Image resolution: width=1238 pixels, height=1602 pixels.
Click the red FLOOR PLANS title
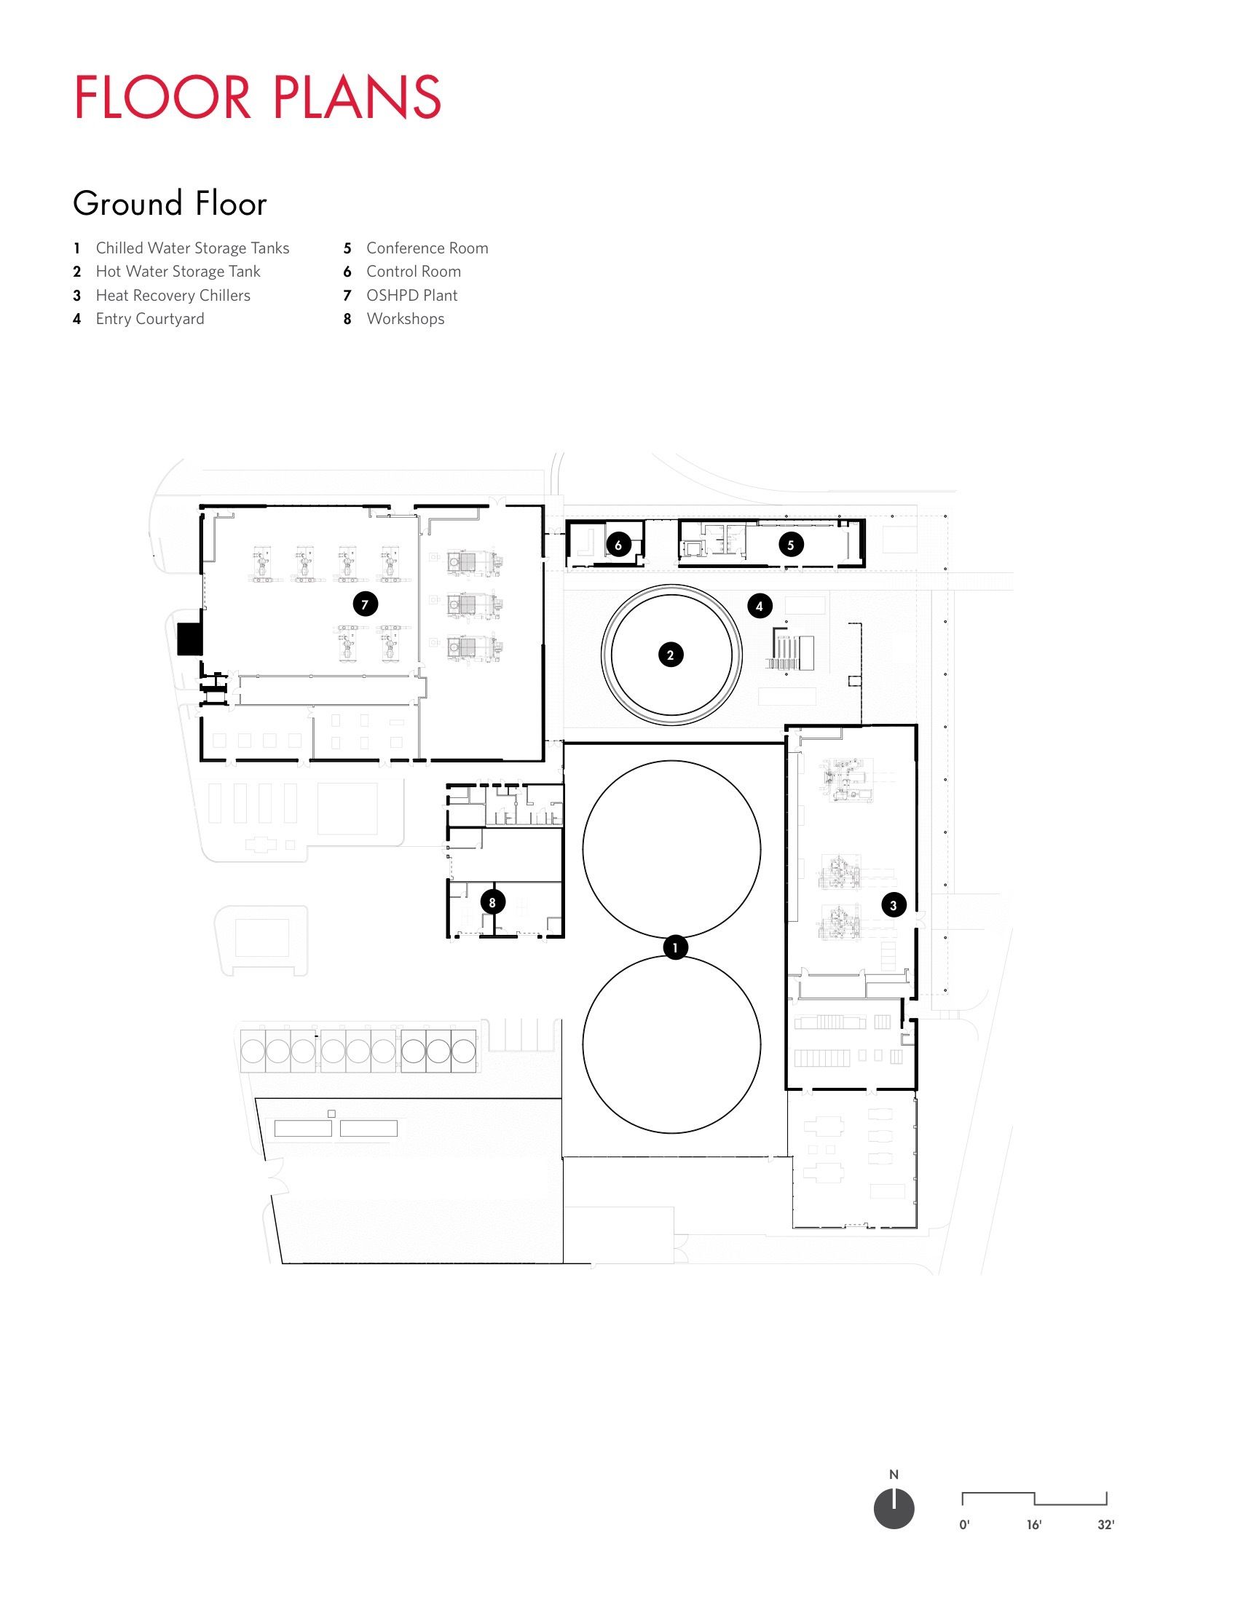[257, 97]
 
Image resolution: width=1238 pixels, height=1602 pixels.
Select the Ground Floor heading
[170, 204]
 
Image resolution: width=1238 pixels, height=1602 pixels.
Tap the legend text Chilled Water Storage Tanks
[192, 248]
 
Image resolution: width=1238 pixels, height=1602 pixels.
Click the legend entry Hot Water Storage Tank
[178, 272]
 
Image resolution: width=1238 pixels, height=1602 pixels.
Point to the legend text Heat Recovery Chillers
[173, 295]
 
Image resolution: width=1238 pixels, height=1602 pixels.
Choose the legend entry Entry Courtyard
[149, 318]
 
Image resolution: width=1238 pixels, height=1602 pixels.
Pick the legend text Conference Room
[427, 248]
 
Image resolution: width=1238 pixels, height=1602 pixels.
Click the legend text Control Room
[414, 272]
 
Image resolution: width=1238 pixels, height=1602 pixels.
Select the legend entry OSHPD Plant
[411, 295]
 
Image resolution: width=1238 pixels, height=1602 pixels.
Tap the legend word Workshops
[405, 318]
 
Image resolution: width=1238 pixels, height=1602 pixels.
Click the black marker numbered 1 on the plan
[676, 947]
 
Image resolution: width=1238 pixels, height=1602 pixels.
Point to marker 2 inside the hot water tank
[670, 655]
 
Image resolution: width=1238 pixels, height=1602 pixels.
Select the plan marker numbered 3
[894, 905]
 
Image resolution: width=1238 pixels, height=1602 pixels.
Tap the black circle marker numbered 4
[760, 606]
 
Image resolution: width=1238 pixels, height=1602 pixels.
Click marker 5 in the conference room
[791, 545]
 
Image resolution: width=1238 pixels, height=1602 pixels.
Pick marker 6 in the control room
[618, 545]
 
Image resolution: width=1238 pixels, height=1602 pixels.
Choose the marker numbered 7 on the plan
[366, 604]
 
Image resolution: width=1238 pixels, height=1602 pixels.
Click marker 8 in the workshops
[493, 902]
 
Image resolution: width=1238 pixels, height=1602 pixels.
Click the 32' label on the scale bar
[1105, 1525]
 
